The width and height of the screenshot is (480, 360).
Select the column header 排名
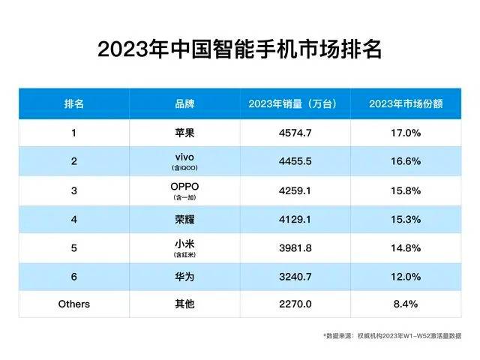point(73,103)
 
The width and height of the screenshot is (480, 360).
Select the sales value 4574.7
point(295,133)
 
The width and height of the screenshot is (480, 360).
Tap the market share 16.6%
point(405,161)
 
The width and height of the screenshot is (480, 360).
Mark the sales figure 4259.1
point(295,190)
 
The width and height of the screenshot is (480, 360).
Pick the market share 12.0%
point(405,275)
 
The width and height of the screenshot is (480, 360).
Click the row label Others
point(73,304)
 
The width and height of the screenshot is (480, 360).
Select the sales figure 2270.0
point(295,304)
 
